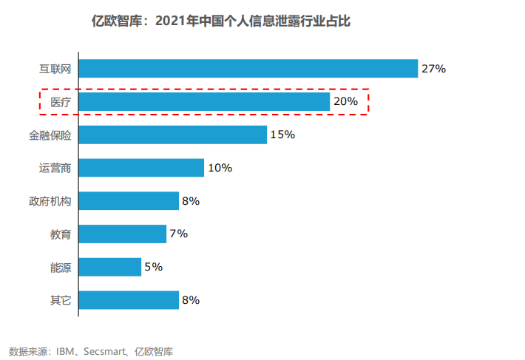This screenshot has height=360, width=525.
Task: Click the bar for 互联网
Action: [248, 69]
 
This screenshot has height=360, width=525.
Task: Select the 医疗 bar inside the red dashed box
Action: [204, 102]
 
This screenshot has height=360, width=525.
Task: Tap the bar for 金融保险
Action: [172, 135]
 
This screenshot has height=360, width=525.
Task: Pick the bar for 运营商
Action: [141, 168]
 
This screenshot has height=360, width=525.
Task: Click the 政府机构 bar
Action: [129, 201]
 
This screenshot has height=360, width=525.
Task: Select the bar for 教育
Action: [122, 234]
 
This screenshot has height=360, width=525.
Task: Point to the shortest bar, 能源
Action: [109, 267]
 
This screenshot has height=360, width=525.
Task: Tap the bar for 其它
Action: [129, 300]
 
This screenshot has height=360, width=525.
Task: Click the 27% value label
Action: [433, 69]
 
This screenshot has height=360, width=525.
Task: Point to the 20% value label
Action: [345, 102]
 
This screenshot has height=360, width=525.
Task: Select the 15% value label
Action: [282, 135]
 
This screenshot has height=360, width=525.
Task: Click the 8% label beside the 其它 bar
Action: [191, 300]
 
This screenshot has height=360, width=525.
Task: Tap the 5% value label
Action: [153, 267]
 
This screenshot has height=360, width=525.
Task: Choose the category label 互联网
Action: [55, 69]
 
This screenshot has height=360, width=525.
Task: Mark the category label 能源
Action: [61, 268]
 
